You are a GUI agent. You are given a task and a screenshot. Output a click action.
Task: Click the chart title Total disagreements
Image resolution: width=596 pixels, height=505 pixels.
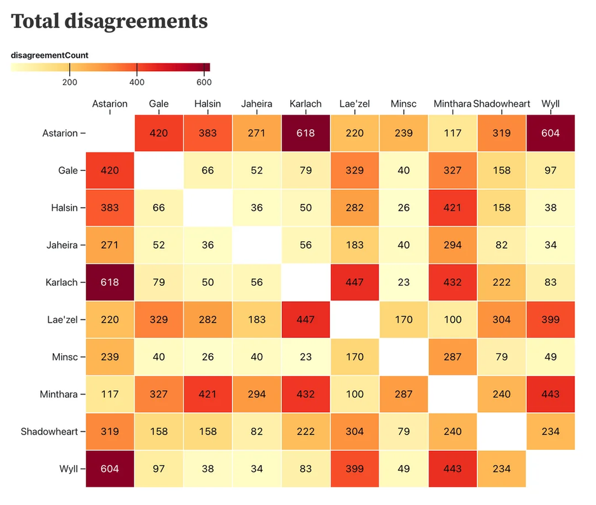click(109, 22)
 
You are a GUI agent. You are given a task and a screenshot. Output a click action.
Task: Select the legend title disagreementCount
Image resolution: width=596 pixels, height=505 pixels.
click(50, 55)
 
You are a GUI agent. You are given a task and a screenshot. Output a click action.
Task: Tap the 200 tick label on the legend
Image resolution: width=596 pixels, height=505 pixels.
click(69, 83)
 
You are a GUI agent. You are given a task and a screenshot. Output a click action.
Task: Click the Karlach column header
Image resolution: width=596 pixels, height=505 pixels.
click(305, 104)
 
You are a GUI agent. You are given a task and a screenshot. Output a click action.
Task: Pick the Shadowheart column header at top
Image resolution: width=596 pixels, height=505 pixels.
click(501, 104)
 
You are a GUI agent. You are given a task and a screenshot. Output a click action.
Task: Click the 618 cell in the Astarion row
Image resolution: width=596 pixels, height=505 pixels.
click(305, 133)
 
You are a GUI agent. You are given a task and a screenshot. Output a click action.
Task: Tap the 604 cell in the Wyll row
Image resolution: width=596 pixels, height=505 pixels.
click(109, 468)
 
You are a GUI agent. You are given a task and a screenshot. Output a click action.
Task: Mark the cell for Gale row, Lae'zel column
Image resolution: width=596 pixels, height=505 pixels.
click(354, 170)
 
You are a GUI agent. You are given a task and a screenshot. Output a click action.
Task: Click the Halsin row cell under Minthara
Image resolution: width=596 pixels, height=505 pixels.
click(452, 208)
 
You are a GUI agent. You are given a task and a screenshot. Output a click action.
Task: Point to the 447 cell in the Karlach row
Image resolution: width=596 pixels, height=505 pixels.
click(354, 282)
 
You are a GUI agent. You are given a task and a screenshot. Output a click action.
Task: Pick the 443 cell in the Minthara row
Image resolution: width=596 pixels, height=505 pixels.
click(550, 394)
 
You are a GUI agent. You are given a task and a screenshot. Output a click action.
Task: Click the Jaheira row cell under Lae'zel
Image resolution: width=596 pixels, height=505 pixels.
click(354, 245)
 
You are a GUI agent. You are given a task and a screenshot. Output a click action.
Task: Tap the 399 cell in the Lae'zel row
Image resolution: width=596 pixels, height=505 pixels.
click(550, 320)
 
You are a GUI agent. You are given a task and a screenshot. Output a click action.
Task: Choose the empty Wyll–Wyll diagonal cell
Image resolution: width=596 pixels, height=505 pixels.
click(550, 468)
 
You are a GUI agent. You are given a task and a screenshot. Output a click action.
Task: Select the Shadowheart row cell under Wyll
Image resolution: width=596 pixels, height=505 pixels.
click(550, 431)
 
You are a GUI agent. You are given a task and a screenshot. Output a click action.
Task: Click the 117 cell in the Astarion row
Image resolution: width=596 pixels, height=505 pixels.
click(452, 133)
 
